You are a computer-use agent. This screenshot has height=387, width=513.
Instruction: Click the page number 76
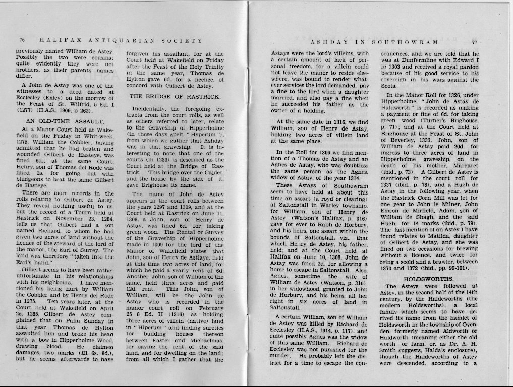22,40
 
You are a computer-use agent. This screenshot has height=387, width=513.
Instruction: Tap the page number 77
474,42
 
